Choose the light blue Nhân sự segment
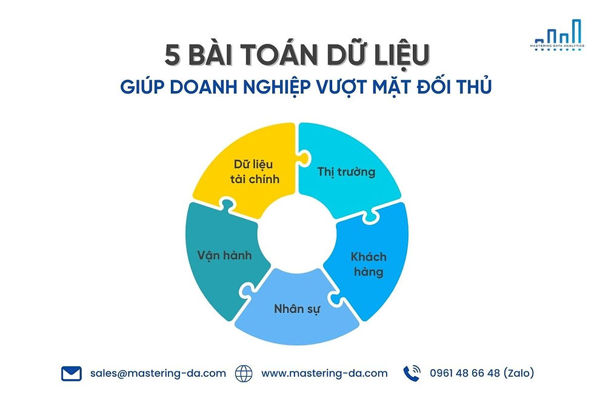click(x=297, y=309)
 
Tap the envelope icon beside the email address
click(x=72, y=374)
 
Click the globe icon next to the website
click(x=244, y=374)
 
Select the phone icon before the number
click(x=412, y=374)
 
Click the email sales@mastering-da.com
click(x=158, y=374)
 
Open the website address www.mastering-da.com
click(x=324, y=374)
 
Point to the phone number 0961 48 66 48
click(x=465, y=374)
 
